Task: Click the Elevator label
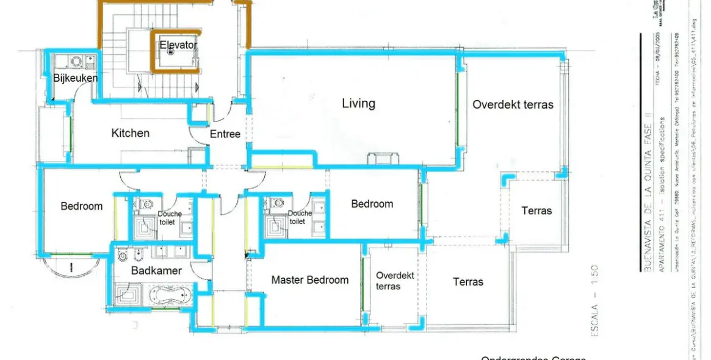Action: coord(179,45)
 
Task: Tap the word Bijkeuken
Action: coord(76,78)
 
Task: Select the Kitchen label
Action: coord(130,133)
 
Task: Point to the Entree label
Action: coord(225,134)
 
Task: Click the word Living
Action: coord(358,104)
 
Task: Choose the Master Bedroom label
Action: coord(309,280)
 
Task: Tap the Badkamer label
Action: coord(156,270)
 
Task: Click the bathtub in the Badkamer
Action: coord(171,297)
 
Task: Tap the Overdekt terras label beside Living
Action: coord(513,104)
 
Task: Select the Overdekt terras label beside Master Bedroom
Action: coord(395,281)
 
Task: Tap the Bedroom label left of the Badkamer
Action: coord(82,206)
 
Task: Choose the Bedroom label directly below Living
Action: coord(372,204)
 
